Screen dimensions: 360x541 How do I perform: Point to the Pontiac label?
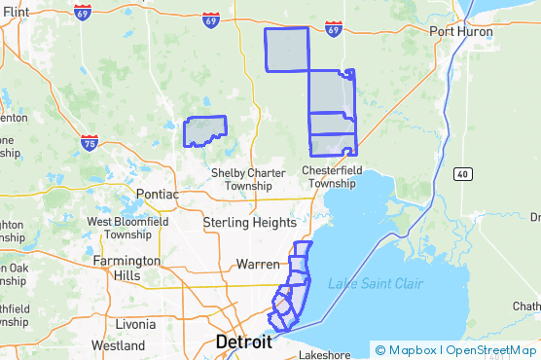[x=159, y=195]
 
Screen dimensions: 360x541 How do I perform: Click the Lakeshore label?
[x=324, y=355]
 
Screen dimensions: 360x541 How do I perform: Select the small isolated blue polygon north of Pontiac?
[x=205, y=131]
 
